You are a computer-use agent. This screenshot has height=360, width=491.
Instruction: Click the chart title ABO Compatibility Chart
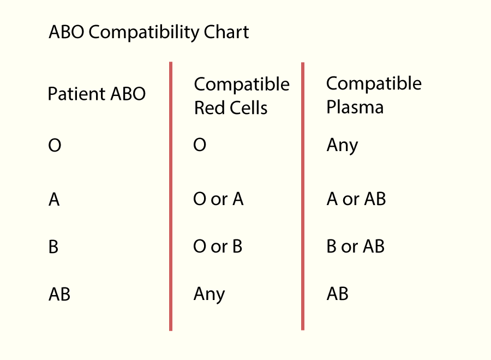tap(149, 32)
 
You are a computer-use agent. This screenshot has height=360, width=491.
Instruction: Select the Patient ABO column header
tap(97, 94)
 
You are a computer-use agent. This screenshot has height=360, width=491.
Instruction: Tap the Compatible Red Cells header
tap(242, 96)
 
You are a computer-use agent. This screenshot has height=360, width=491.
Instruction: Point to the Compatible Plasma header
tap(374, 95)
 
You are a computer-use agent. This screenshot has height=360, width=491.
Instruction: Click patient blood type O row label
tap(55, 145)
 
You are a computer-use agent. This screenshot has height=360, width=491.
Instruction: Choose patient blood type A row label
tap(54, 200)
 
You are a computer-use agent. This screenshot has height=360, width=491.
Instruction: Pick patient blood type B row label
tap(53, 247)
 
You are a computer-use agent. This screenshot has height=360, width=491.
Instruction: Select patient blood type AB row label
tap(59, 294)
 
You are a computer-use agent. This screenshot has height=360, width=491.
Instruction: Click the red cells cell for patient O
tap(200, 145)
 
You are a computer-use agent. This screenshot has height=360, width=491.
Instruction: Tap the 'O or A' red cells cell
tap(218, 199)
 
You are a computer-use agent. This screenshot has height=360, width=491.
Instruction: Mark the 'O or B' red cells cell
tap(218, 246)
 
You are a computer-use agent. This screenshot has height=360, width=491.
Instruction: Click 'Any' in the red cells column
tap(209, 295)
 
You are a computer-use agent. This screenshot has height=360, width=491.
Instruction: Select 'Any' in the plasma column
tap(342, 146)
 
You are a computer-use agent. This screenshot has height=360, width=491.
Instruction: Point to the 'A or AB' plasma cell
tap(356, 199)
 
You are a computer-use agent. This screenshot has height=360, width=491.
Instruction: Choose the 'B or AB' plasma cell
tap(355, 246)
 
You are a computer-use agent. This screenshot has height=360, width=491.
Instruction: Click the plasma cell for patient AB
tap(338, 293)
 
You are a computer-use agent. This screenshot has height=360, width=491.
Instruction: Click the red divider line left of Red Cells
tap(171, 196)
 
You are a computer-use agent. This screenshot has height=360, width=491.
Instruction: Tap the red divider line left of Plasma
tap(303, 196)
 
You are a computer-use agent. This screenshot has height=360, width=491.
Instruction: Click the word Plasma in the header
tap(355, 107)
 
